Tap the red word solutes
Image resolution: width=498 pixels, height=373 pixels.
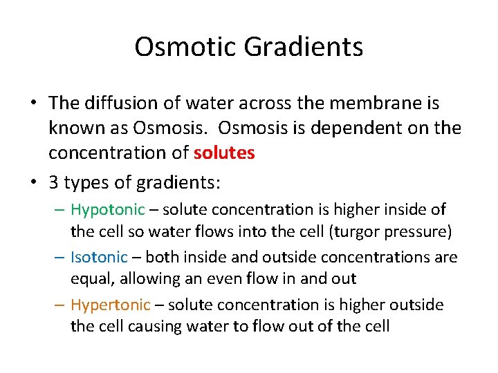(x=224, y=153)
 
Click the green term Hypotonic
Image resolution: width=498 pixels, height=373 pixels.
(x=108, y=209)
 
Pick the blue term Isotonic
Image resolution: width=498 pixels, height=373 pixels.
(x=99, y=258)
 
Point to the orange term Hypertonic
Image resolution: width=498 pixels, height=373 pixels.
(x=111, y=305)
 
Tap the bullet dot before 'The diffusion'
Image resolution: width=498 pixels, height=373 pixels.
(x=33, y=104)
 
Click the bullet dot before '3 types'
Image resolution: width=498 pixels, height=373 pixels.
(x=33, y=183)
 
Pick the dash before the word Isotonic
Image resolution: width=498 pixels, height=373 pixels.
(x=60, y=258)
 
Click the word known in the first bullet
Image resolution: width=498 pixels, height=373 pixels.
(x=72, y=128)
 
